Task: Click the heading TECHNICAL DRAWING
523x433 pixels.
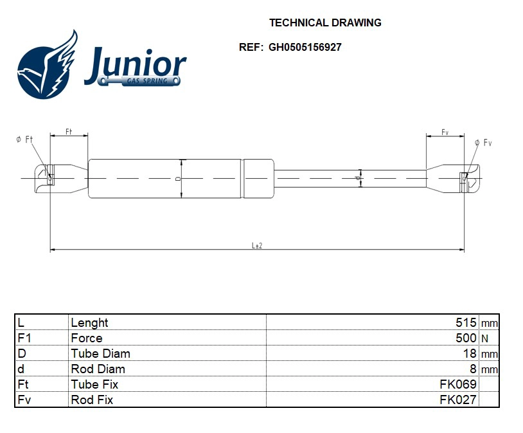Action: tap(325, 23)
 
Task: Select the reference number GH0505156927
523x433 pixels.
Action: tap(305, 47)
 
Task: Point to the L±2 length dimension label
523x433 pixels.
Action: tap(256, 246)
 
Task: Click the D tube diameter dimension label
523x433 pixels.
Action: tap(178, 178)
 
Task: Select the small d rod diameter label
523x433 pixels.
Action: tap(357, 178)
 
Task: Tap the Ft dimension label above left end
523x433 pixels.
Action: tap(69, 132)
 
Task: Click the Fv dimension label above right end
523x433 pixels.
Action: tap(445, 132)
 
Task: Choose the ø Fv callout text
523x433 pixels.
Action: tap(483, 142)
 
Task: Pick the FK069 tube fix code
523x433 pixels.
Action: tap(458, 384)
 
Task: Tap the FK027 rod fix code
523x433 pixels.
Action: tap(458, 400)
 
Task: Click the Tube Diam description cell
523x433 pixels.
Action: tap(100, 353)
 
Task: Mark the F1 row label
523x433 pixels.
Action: tap(24, 338)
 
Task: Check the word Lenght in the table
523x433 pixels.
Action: tap(89, 322)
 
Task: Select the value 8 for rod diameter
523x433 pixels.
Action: tap(473, 369)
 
